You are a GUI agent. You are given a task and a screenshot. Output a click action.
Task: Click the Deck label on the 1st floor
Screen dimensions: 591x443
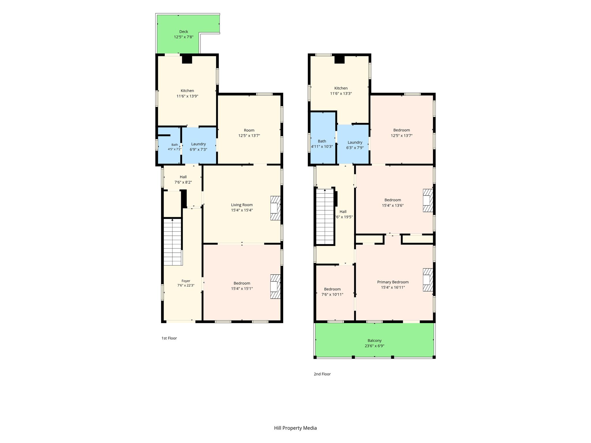tap(184, 32)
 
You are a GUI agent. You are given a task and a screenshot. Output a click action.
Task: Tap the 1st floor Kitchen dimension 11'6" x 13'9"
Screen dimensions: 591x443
tap(187, 96)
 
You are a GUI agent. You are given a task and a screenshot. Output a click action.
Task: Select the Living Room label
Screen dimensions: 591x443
tap(242, 205)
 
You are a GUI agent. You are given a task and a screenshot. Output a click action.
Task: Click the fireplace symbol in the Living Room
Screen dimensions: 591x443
tap(275, 208)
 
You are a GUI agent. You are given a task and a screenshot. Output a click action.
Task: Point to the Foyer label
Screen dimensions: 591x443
tap(186, 281)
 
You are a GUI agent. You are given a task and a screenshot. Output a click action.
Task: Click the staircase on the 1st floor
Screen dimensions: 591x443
tap(173, 242)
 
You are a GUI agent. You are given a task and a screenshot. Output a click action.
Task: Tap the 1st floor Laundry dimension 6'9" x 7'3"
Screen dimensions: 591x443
tap(199, 149)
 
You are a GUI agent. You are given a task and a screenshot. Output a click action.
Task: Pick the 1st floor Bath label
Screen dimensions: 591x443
tap(175, 145)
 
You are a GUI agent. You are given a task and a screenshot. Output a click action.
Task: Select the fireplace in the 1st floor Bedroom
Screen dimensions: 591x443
tap(275, 286)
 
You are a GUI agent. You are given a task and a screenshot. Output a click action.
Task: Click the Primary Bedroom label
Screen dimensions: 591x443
tap(393, 282)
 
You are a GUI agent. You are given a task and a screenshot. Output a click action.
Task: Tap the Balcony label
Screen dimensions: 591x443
tap(375, 341)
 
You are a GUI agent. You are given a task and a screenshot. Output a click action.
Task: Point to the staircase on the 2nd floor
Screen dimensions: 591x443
tap(325, 217)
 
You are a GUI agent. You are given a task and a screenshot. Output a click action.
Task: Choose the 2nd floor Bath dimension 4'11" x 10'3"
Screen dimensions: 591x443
tap(322, 147)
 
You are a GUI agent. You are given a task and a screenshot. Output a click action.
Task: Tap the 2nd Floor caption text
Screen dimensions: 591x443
tap(322, 374)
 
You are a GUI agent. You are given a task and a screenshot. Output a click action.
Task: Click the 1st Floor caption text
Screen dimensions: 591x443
tap(169, 338)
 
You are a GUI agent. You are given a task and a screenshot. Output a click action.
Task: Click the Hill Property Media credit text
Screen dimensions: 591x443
tap(295, 428)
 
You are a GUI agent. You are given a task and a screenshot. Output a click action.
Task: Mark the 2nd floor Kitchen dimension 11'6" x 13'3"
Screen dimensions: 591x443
tap(341, 94)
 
